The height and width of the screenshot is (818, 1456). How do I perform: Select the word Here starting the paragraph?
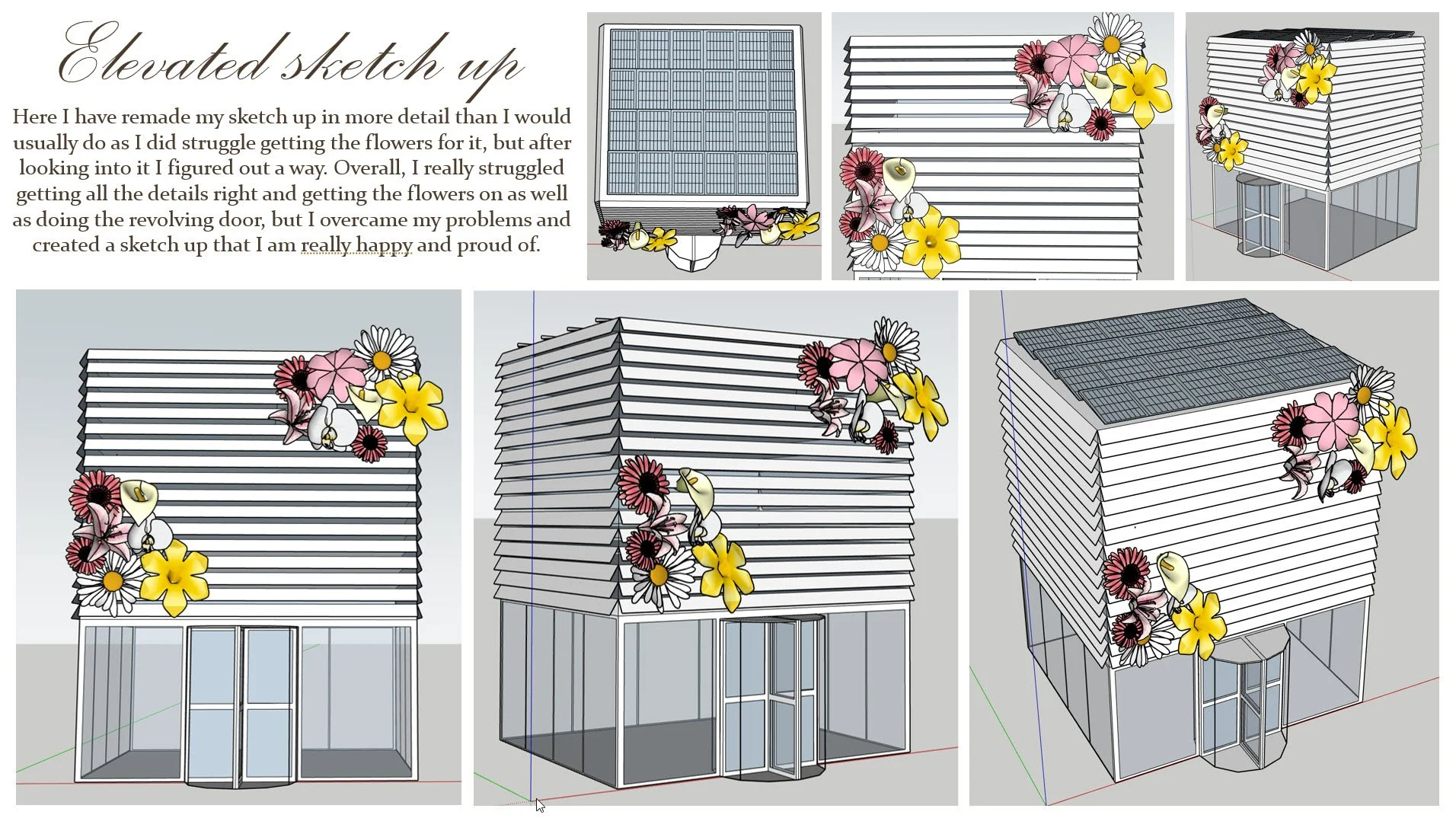(x=34, y=117)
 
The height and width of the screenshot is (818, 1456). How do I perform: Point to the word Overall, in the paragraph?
(x=369, y=168)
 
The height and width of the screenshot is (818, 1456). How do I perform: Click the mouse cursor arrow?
(x=540, y=805)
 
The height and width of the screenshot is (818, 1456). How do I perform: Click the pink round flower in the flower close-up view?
(x=1071, y=59)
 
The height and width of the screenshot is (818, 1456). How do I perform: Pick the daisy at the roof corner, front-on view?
(x=385, y=354)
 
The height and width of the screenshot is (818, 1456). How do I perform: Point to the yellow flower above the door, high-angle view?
(x=1200, y=623)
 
